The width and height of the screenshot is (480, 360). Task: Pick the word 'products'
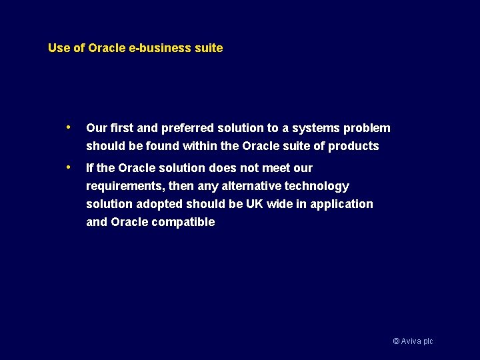pos(353,146)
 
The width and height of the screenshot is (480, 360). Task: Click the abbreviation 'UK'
pos(255,204)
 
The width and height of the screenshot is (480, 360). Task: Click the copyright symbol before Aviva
pos(396,341)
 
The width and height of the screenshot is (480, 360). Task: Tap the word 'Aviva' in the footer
pos(411,341)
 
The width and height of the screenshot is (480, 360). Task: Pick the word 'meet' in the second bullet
pos(275,168)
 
